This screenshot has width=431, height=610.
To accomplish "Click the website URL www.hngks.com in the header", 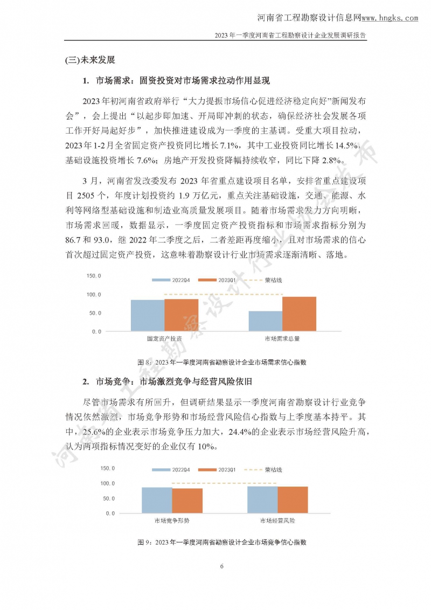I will [x=390, y=18].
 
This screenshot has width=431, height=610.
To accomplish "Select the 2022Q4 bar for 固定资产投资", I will [x=148, y=315].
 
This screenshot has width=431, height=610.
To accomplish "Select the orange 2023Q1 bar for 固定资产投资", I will [x=181, y=315].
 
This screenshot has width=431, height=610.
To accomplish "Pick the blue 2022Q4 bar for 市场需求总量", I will [x=265, y=321].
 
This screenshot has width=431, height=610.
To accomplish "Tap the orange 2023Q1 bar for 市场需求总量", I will [x=299, y=314].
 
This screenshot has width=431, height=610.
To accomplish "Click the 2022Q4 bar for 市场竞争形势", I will [x=157, y=500].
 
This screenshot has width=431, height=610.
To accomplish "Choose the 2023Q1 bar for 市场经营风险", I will [x=292, y=500].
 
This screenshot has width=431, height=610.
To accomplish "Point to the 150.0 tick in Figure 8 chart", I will [x=94, y=276].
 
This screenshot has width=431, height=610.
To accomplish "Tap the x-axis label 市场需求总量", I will [x=282, y=339].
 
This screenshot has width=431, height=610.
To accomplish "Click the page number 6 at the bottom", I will [x=221, y=566].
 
